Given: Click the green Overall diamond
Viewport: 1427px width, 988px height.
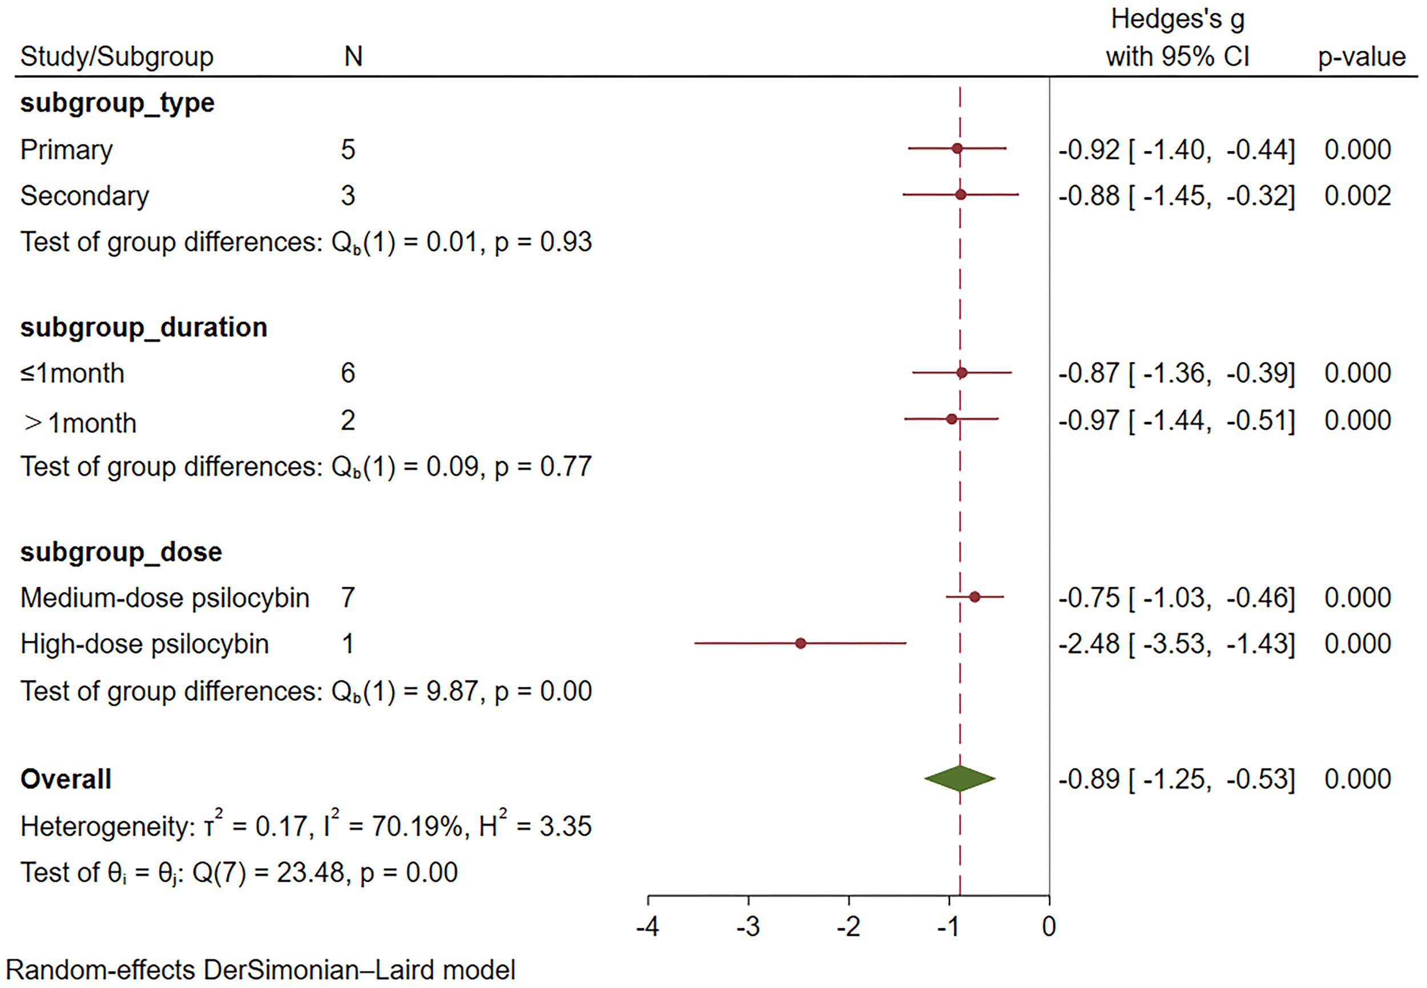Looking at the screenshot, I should pyautogui.click(x=960, y=779).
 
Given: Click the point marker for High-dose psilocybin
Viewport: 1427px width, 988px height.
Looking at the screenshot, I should pyautogui.click(x=800, y=644).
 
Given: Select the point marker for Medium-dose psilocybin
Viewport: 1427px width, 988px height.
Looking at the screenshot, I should pyautogui.click(x=974, y=598).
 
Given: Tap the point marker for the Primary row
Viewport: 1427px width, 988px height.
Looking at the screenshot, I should pyautogui.click(x=957, y=148).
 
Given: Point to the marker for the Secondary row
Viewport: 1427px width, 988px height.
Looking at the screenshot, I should pyautogui.click(x=961, y=195).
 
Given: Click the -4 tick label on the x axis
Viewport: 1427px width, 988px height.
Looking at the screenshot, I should pyautogui.click(x=647, y=927).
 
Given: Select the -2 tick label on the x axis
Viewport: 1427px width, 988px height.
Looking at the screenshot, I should pyautogui.click(x=848, y=927).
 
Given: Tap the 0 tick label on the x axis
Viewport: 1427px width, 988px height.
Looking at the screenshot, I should pyautogui.click(x=1049, y=927).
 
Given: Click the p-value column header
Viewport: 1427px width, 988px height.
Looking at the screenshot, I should pyautogui.click(x=1361, y=57).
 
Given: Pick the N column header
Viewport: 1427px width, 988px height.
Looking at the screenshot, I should pyautogui.click(x=353, y=57).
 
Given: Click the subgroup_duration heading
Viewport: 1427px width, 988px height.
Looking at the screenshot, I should pyautogui.click(x=144, y=328).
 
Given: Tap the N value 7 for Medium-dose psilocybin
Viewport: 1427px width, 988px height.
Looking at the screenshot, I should pyautogui.click(x=348, y=598).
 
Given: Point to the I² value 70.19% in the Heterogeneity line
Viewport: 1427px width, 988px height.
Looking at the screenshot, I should pyautogui.click(x=417, y=826).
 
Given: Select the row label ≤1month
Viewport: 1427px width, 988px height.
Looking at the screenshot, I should pyautogui.click(x=72, y=374).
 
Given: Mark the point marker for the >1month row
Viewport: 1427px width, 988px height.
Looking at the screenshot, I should pyautogui.click(x=952, y=419).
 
